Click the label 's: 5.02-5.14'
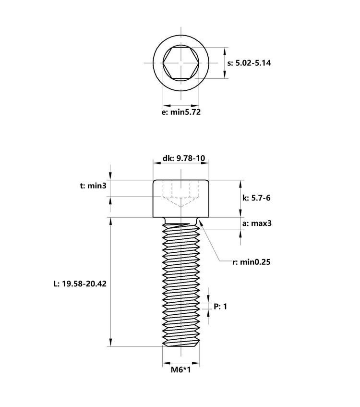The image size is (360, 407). click(249, 63)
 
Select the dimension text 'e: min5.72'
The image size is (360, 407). click(181, 112)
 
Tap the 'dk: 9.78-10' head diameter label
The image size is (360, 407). click(181, 158)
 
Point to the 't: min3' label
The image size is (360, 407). click(93, 186)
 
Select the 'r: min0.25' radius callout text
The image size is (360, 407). click(252, 262)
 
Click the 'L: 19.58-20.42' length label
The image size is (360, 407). click(80, 284)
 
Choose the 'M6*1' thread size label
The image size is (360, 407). click(181, 370)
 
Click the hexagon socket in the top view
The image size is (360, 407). click(181, 63)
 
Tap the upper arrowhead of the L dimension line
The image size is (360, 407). click(111, 221)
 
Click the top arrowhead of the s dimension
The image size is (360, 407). click(226, 50)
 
